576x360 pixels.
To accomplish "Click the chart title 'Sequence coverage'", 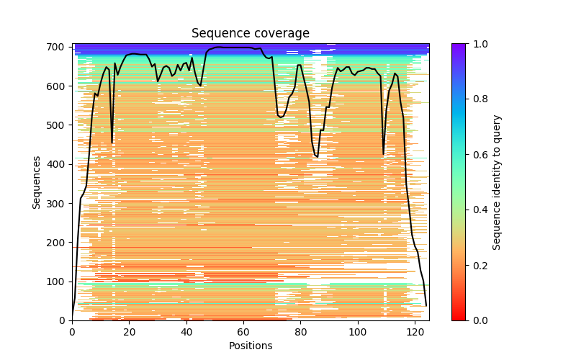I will pyautogui.click(x=251, y=33).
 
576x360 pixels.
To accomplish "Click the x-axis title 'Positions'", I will pyautogui.click(x=251, y=346).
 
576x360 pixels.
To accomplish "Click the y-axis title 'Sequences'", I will pyautogui.click(x=36, y=181).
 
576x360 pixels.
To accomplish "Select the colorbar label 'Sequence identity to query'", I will pyautogui.click(x=497, y=181).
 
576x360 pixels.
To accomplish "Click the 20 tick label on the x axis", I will pyautogui.click(x=129, y=332).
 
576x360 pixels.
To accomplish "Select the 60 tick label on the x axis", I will pyautogui.click(x=243, y=332).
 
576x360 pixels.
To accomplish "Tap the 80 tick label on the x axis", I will pyautogui.click(x=300, y=332).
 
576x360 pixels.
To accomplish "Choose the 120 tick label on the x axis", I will pyautogui.click(x=415, y=332).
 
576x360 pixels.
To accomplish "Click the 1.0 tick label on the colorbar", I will pyautogui.click(x=479, y=44).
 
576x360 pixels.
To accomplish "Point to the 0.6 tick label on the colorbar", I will pyautogui.click(x=479, y=155).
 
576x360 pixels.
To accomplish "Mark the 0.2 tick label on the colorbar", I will pyautogui.click(x=479, y=265).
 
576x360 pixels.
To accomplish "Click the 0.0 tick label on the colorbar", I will pyautogui.click(x=479, y=320).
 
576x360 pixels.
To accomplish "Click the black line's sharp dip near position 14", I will pyautogui.click(x=112, y=143).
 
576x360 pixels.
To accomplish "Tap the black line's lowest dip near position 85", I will pyautogui.click(x=317, y=156).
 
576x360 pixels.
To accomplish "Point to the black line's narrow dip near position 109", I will pyautogui.click(x=384, y=153).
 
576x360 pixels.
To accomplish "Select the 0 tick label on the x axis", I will pyautogui.click(x=72, y=332).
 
